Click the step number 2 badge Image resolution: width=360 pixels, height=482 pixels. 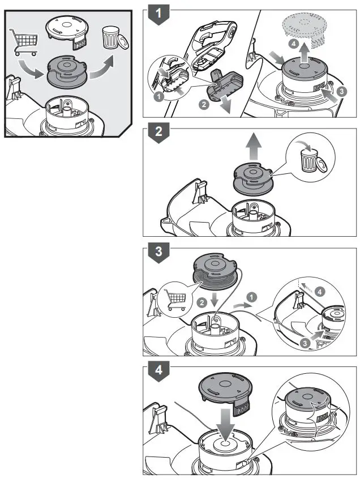pyautogui.click(x=158, y=133)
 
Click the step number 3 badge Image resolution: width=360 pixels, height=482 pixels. pyautogui.click(x=158, y=252)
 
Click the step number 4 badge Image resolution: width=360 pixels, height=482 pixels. pyautogui.click(x=158, y=371)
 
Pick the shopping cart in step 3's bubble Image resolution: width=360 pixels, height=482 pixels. pyautogui.click(x=175, y=299)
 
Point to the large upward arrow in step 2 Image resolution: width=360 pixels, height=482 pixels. pyautogui.click(x=253, y=146)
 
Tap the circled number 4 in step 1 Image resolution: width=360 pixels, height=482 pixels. pyautogui.click(x=294, y=44)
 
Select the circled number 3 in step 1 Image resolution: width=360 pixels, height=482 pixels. pyautogui.click(x=341, y=91)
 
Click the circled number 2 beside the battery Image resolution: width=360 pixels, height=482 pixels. pyautogui.click(x=204, y=105)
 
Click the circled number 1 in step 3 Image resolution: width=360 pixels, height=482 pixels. pyautogui.click(x=251, y=297)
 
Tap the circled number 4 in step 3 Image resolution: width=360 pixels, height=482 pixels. pyautogui.click(x=320, y=291)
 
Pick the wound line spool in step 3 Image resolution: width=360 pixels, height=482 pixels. pyautogui.click(x=215, y=272)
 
